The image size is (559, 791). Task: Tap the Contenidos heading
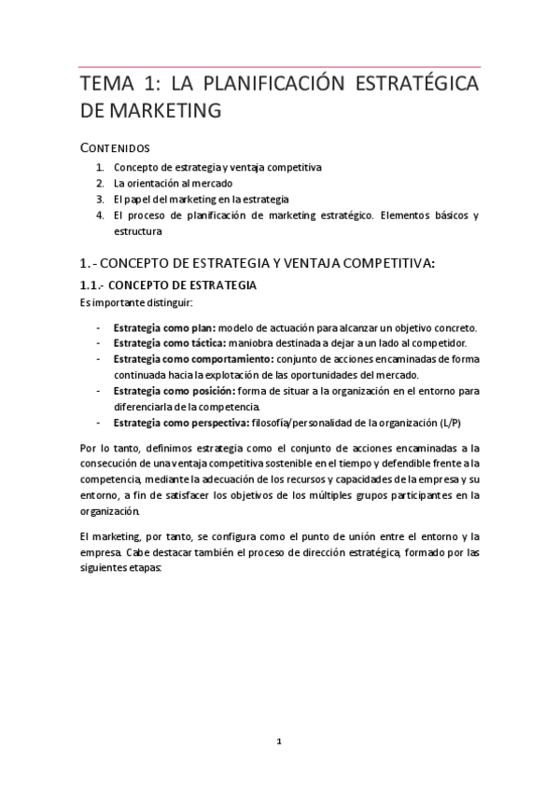pos(115,147)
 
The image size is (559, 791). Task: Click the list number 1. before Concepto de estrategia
pos(99,167)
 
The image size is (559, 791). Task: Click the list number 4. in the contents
pos(99,215)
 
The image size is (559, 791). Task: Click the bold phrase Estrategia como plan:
pos(164,327)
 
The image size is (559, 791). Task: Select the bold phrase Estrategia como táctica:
pos(169,343)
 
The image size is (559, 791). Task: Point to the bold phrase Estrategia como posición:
pos(175,392)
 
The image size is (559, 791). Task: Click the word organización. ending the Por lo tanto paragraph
pos(111,511)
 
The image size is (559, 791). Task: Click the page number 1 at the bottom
pos(279,742)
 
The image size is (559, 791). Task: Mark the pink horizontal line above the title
pos(279,66)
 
